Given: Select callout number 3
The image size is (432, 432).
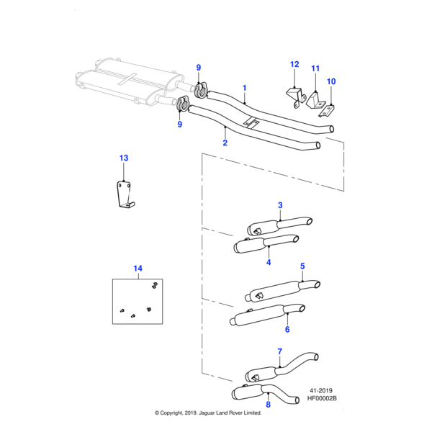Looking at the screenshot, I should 280,205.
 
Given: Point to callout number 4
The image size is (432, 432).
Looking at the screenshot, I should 268,262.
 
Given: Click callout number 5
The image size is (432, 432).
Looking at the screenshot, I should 302,266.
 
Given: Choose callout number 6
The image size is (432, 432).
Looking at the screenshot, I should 287,330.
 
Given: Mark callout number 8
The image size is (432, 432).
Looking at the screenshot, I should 269,405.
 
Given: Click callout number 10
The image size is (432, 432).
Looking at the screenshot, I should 331,81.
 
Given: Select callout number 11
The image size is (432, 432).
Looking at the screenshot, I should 315,68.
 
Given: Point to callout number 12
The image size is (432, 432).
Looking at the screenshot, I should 294,64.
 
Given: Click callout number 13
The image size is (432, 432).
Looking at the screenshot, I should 123,158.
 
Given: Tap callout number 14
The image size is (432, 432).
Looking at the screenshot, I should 138,269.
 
